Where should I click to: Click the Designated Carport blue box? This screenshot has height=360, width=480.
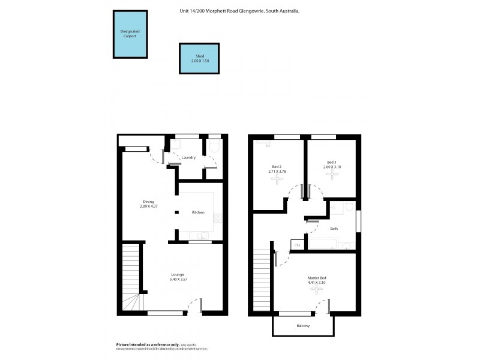click(130, 34)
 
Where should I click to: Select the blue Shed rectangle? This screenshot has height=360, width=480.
click(199, 58)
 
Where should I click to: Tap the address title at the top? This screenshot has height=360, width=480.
click(240, 11)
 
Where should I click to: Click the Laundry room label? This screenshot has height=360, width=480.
click(188, 158)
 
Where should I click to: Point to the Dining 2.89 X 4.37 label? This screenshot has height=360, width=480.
click(148, 204)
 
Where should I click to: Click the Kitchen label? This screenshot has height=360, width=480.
click(198, 212)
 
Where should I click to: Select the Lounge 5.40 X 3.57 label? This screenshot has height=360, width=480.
click(177, 277)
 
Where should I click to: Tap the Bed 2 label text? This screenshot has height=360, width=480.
click(277, 167)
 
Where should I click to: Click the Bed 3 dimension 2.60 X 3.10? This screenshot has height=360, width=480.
click(331, 167)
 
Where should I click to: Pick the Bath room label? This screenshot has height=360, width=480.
click(334, 228)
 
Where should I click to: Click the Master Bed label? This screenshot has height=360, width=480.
click(317, 277)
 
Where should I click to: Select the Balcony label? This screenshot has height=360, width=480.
click(303, 326)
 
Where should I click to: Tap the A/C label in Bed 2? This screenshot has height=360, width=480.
click(268, 146)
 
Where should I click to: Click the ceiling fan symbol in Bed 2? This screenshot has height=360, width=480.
click(277, 179)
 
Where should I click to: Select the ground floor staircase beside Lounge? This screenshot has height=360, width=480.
click(130, 277)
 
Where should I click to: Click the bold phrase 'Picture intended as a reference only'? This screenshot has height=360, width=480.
click(146, 345)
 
